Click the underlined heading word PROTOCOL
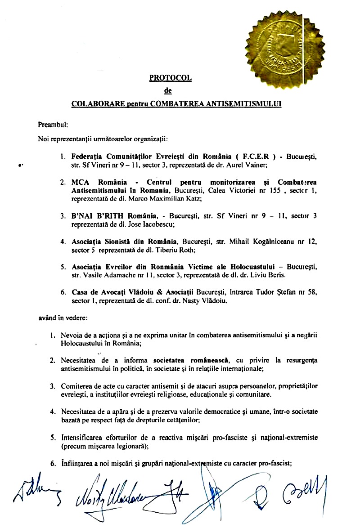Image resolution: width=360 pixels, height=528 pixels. click(170, 78)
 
